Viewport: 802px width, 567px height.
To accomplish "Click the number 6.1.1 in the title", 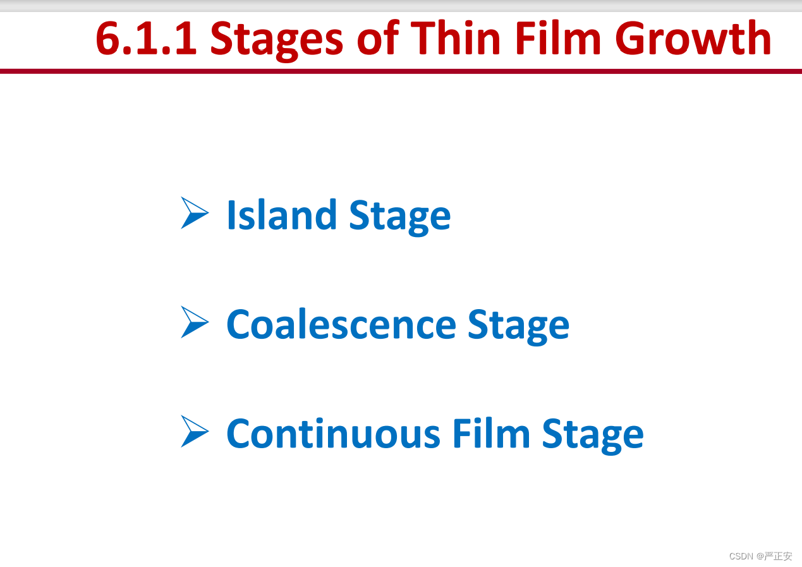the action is coord(146,38).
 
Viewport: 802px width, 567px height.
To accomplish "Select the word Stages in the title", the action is coord(276,40).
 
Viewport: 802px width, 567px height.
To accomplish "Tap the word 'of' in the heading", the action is coord(378,37).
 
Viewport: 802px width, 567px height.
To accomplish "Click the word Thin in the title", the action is coord(455,37).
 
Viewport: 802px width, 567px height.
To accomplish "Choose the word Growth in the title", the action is coord(693,37).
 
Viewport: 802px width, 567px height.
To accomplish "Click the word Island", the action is coord(282,214).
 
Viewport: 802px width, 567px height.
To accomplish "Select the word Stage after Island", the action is coord(400,217).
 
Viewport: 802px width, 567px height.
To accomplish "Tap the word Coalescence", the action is coord(341,324).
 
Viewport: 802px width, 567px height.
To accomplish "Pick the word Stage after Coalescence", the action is coord(519,327).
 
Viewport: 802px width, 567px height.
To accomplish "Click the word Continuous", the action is coord(333,433).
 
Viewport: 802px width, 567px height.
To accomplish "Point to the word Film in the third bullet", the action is coord(491,433).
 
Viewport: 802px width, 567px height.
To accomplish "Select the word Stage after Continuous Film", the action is coord(593,436).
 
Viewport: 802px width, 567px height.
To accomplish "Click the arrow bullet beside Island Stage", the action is coord(195,213).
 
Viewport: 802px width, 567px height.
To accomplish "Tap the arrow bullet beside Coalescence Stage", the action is coord(195,322).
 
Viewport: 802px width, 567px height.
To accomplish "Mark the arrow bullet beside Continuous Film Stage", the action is coord(195,431).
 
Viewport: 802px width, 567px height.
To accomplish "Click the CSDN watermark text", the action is coord(741,556).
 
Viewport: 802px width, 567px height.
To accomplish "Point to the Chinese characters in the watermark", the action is coord(777,556).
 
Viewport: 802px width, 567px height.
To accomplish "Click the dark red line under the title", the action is coord(401,71).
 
